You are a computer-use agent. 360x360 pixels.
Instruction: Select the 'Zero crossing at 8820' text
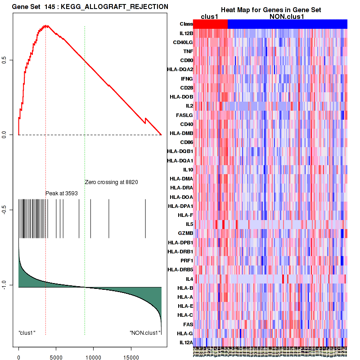(x=111, y=182)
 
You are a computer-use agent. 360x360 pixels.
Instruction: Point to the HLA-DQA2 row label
(x=180, y=70)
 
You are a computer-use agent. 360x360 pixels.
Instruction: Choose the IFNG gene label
(x=187, y=79)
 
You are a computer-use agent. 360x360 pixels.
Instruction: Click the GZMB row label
(x=186, y=234)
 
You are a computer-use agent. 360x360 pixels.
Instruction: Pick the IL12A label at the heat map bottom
(x=186, y=343)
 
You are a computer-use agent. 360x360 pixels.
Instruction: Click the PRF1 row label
(x=186, y=261)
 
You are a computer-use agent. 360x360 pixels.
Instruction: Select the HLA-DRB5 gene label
(x=180, y=270)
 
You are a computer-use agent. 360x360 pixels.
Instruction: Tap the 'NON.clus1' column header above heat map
(x=287, y=17)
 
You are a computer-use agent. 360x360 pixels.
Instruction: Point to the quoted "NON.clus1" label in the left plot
(x=145, y=333)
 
